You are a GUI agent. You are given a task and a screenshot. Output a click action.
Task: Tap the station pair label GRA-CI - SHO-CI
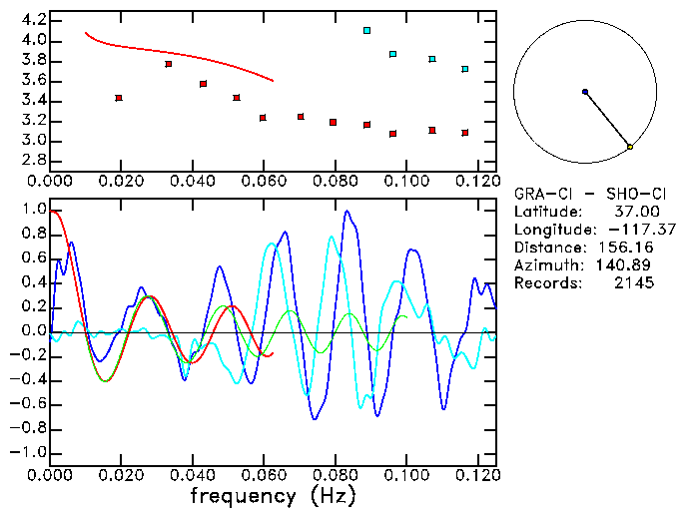583,194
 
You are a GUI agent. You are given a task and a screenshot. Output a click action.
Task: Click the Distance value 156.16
629,248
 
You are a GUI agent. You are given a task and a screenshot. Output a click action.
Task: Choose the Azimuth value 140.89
629,265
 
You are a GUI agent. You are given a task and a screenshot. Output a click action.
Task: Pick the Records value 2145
634,283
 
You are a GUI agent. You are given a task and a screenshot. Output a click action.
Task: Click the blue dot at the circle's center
585,92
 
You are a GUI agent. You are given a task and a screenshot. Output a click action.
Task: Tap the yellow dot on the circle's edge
629,147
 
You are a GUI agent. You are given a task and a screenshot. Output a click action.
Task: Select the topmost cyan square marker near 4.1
367,31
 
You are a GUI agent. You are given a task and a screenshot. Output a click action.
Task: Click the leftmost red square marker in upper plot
119,98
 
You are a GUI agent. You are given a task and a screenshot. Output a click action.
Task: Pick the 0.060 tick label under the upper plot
264,182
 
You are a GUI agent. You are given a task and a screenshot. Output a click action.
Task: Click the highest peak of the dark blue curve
346,212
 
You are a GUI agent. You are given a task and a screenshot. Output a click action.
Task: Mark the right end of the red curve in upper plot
273,80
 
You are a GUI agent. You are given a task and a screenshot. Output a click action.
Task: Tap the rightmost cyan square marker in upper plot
465,69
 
